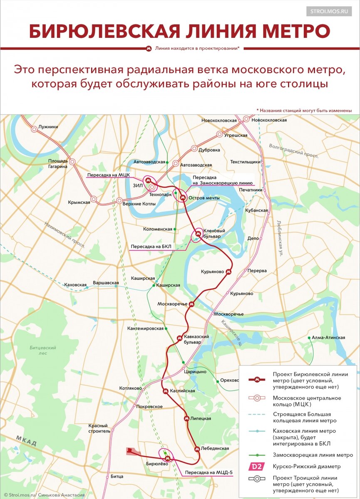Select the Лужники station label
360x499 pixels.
(48, 127)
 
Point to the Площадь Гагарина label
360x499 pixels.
(57, 163)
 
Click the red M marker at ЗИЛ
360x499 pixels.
(147, 180)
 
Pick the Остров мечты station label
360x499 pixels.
(204, 198)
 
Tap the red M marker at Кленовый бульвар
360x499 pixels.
(198, 234)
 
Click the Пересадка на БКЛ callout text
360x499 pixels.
(149, 247)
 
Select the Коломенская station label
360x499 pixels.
(157, 229)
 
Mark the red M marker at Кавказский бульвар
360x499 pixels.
(180, 338)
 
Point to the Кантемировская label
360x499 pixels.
(146, 329)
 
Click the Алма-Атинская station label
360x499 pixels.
(328, 338)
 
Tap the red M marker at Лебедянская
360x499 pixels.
(197, 449)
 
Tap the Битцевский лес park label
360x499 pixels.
(43, 350)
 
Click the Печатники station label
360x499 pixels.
(251, 190)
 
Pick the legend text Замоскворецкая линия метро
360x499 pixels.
(313, 455)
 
